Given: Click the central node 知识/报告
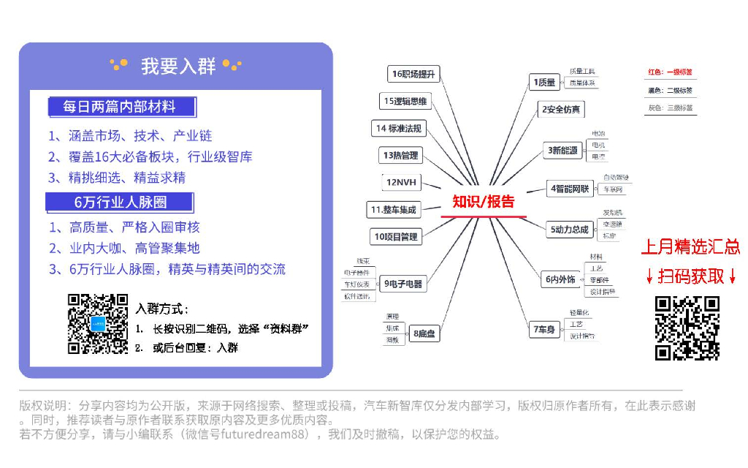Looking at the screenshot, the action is (484, 202).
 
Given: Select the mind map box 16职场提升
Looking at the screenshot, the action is (413, 74).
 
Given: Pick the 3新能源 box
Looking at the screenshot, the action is (563, 151).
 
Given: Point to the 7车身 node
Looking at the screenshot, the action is (545, 330).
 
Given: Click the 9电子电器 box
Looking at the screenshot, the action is (403, 284).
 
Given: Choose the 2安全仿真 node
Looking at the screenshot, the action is (561, 110).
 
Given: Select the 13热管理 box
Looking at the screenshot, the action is (401, 155).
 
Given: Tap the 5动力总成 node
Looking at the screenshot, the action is (569, 229).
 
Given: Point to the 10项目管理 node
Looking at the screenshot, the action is (396, 236).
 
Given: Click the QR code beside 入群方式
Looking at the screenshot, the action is (98, 324).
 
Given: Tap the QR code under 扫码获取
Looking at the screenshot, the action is (687, 328).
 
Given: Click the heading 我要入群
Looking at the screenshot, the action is (178, 66).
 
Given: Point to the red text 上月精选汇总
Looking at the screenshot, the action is (690, 246).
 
